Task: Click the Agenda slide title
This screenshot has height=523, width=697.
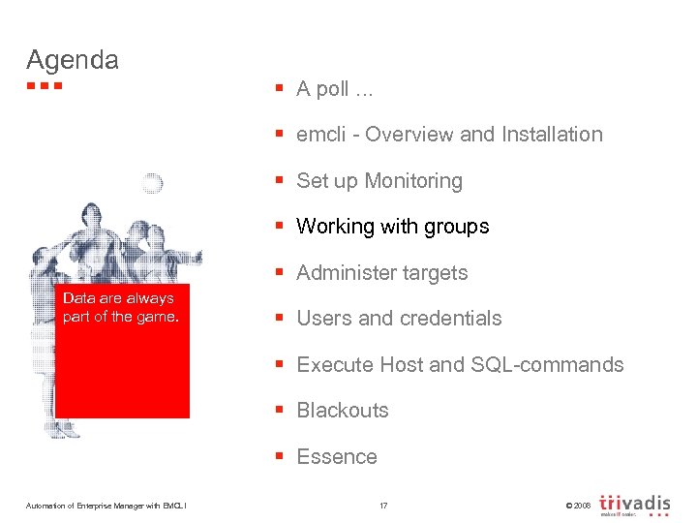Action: [73, 60]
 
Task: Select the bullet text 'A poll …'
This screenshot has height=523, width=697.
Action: [335, 89]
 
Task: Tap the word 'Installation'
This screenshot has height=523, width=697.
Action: [552, 135]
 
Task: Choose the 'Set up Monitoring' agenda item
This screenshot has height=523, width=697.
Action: [379, 181]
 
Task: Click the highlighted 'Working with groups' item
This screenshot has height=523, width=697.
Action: [392, 227]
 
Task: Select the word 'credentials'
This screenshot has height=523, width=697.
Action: [454, 319]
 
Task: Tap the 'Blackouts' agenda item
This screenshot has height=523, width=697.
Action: [342, 411]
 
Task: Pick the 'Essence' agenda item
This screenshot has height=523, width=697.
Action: [336, 457]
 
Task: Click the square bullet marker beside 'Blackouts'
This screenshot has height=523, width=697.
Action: [279, 411]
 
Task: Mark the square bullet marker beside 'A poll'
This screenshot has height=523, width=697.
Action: [279, 89]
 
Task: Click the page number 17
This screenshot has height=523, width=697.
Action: [383, 505]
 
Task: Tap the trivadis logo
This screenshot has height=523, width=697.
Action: [635, 504]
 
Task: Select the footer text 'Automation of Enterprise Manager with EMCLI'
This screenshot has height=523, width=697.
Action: [106, 505]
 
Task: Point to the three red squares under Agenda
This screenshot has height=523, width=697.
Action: [45, 86]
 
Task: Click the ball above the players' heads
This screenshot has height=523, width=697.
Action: [151, 183]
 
